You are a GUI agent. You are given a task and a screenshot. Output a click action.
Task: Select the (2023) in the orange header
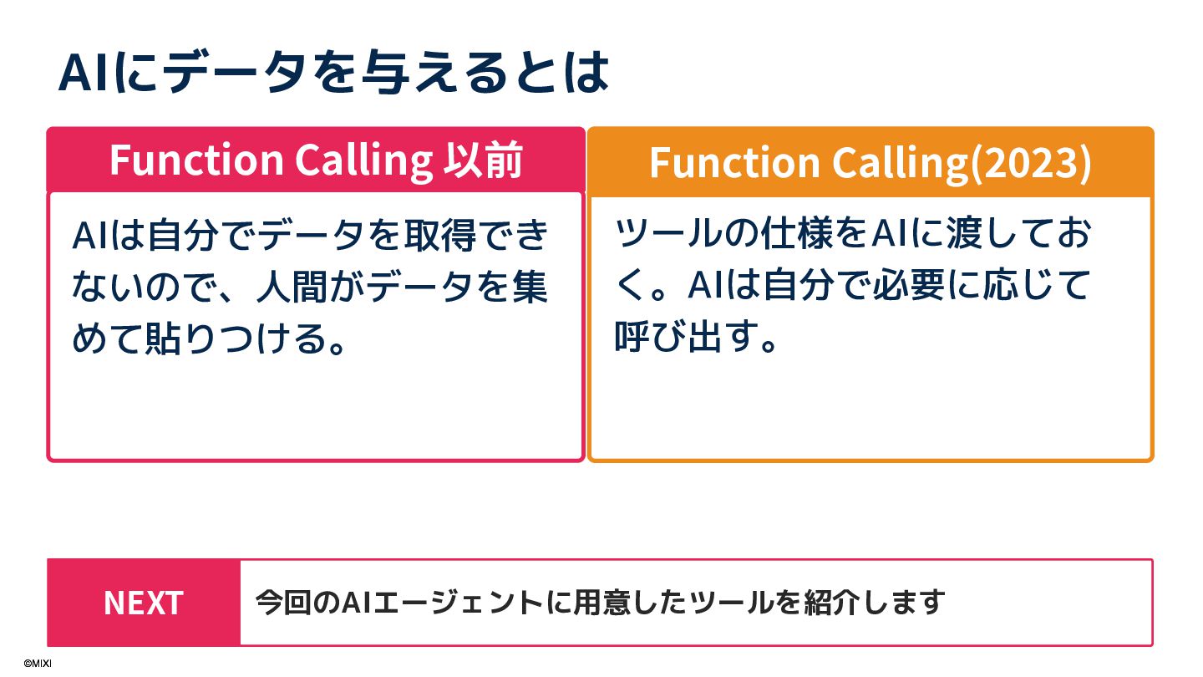point(1029,163)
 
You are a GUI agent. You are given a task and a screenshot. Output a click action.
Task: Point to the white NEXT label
point(143,603)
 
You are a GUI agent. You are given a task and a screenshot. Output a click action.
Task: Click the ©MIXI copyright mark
point(38,663)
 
